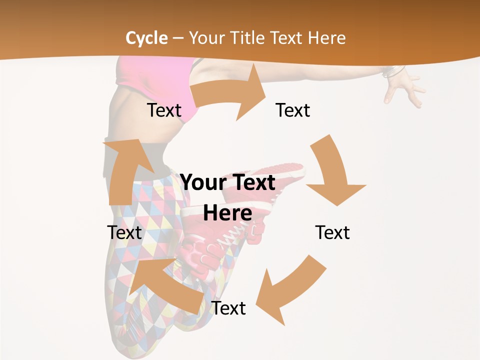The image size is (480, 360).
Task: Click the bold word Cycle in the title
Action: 146,38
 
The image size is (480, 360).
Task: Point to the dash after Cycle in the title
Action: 177,38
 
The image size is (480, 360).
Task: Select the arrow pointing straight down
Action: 332,170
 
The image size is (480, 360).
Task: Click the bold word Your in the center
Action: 203,182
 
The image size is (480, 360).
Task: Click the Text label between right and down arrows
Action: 293,110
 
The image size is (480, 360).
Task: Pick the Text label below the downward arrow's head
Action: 332,232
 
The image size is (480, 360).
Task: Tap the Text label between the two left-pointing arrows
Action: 228,308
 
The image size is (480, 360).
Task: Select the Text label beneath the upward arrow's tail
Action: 124,232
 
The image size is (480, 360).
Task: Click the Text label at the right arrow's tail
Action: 164,110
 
